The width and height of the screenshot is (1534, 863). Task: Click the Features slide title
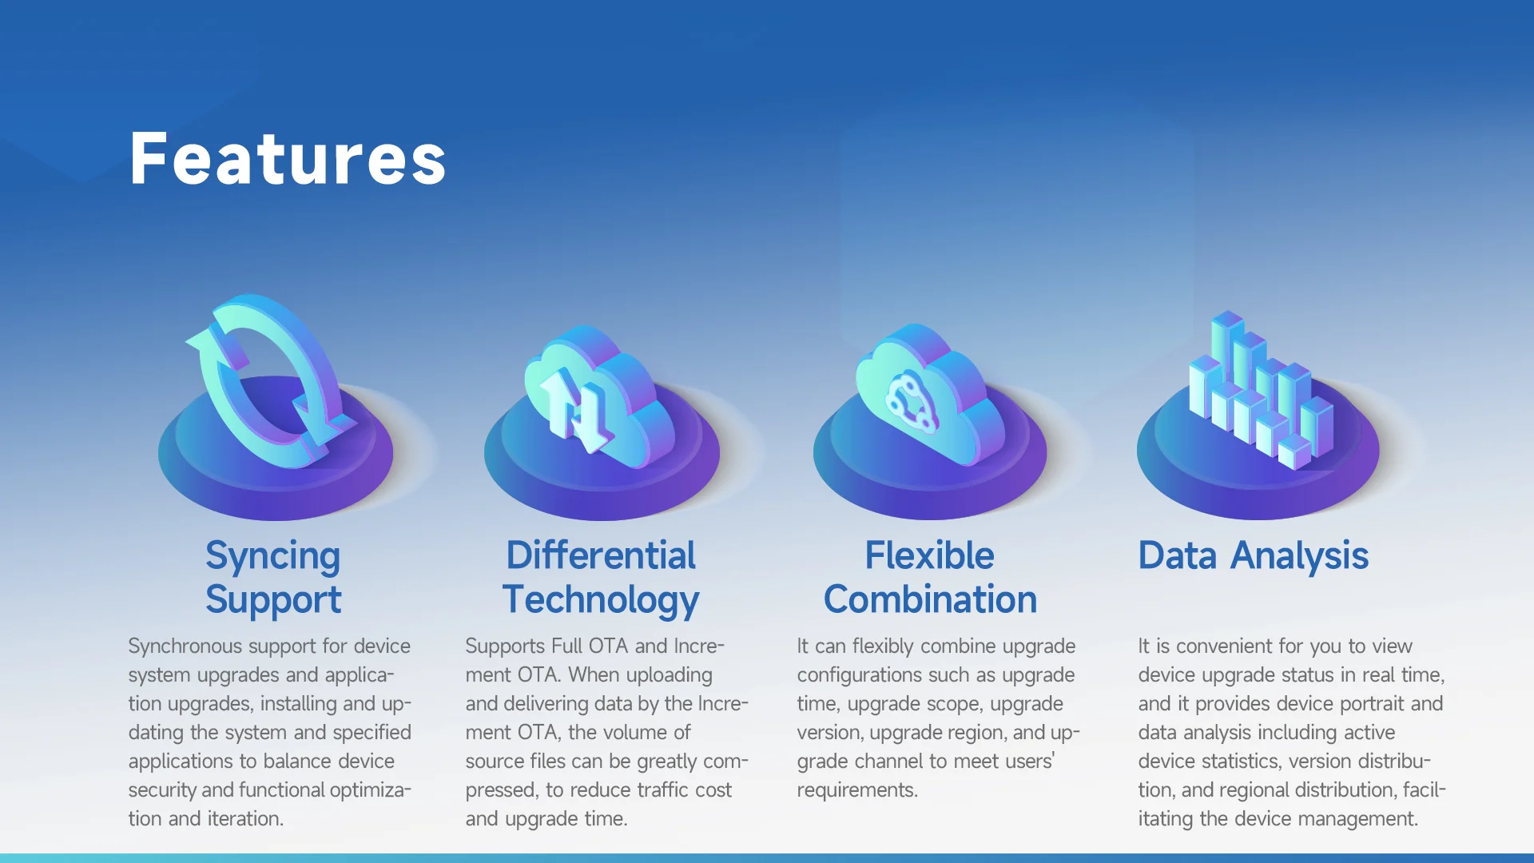[288, 159]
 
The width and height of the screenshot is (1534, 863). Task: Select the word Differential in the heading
[601, 555]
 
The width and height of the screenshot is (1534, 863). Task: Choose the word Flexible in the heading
[930, 555]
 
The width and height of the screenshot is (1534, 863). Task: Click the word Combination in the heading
[930, 599]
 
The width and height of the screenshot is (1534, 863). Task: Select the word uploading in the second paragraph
[670, 676]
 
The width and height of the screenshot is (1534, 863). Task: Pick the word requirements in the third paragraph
[857, 791]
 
